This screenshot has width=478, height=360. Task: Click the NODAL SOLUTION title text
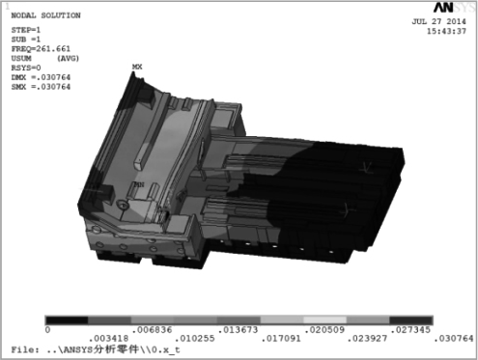(x=45, y=15)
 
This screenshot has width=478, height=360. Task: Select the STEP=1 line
(x=26, y=30)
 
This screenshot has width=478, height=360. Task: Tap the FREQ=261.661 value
(x=41, y=49)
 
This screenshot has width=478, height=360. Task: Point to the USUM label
(x=21, y=59)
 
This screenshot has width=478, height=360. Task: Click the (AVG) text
(x=68, y=59)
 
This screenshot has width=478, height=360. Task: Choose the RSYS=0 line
(x=26, y=68)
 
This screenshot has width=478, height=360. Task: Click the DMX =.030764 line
(x=41, y=77)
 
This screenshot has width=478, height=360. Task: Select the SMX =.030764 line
(x=41, y=87)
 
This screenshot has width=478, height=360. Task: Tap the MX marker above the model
(x=137, y=67)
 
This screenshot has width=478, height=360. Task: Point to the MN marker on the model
(x=139, y=184)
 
